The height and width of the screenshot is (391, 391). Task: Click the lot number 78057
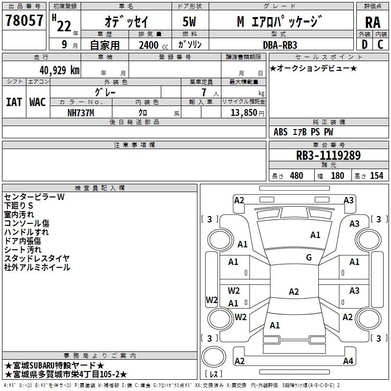pos(24,20)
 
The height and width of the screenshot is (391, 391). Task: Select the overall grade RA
pos(372,22)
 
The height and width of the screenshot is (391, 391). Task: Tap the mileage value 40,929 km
pos(59,70)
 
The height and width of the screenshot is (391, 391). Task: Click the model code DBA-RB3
pos(280,45)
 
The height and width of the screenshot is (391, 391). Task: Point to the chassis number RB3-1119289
pos(328,155)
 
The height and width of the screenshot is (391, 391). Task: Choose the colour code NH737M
pos(81,113)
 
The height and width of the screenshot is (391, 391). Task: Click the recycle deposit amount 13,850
pos(243,112)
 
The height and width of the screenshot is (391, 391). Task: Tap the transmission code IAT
pos(14,102)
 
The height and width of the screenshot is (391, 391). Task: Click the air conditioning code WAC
pos(38,102)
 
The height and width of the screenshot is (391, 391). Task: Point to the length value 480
pos(297,175)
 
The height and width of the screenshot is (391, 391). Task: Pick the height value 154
pos(376,175)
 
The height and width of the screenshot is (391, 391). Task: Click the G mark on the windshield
pos(309,257)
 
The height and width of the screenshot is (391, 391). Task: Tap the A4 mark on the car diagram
pos(348,361)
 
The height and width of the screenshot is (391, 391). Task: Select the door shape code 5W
pos(189,22)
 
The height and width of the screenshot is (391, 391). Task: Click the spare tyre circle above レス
pos(214,357)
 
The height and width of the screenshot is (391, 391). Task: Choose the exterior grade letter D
pos(365,44)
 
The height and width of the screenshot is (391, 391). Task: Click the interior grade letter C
pos(380,44)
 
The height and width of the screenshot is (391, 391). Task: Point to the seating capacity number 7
pos(204,92)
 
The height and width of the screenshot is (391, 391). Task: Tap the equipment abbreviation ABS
pos(281,132)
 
